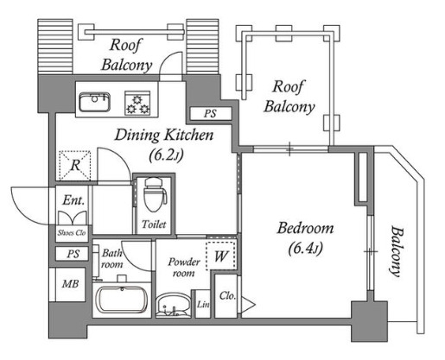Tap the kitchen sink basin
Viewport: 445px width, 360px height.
click(x=95, y=102)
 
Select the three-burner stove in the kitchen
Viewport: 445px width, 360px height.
click(x=137, y=103)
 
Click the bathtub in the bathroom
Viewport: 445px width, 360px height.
click(x=122, y=300)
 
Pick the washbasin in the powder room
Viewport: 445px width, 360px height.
click(x=174, y=305)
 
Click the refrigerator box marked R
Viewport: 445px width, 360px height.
click(x=75, y=166)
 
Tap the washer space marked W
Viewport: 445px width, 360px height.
click(x=221, y=256)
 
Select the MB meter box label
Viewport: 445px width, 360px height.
click(x=71, y=284)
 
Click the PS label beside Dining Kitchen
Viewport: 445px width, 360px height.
click(x=210, y=113)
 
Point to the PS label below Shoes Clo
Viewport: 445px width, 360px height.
click(x=73, y=254)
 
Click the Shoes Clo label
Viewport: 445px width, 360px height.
click(x=72, y=232)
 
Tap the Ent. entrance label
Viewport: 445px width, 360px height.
click(x=74, y=199)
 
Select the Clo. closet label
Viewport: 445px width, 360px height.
click(x=227, y=295)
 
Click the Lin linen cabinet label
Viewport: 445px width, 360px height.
click(x=203, y=304)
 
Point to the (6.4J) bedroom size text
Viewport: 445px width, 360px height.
click(x=305, y=248)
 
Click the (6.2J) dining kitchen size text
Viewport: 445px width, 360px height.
click(x=167, y=155)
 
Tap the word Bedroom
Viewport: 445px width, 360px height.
click(x=305, y=228)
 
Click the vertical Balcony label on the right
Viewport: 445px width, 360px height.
click(x=396, y=252)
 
